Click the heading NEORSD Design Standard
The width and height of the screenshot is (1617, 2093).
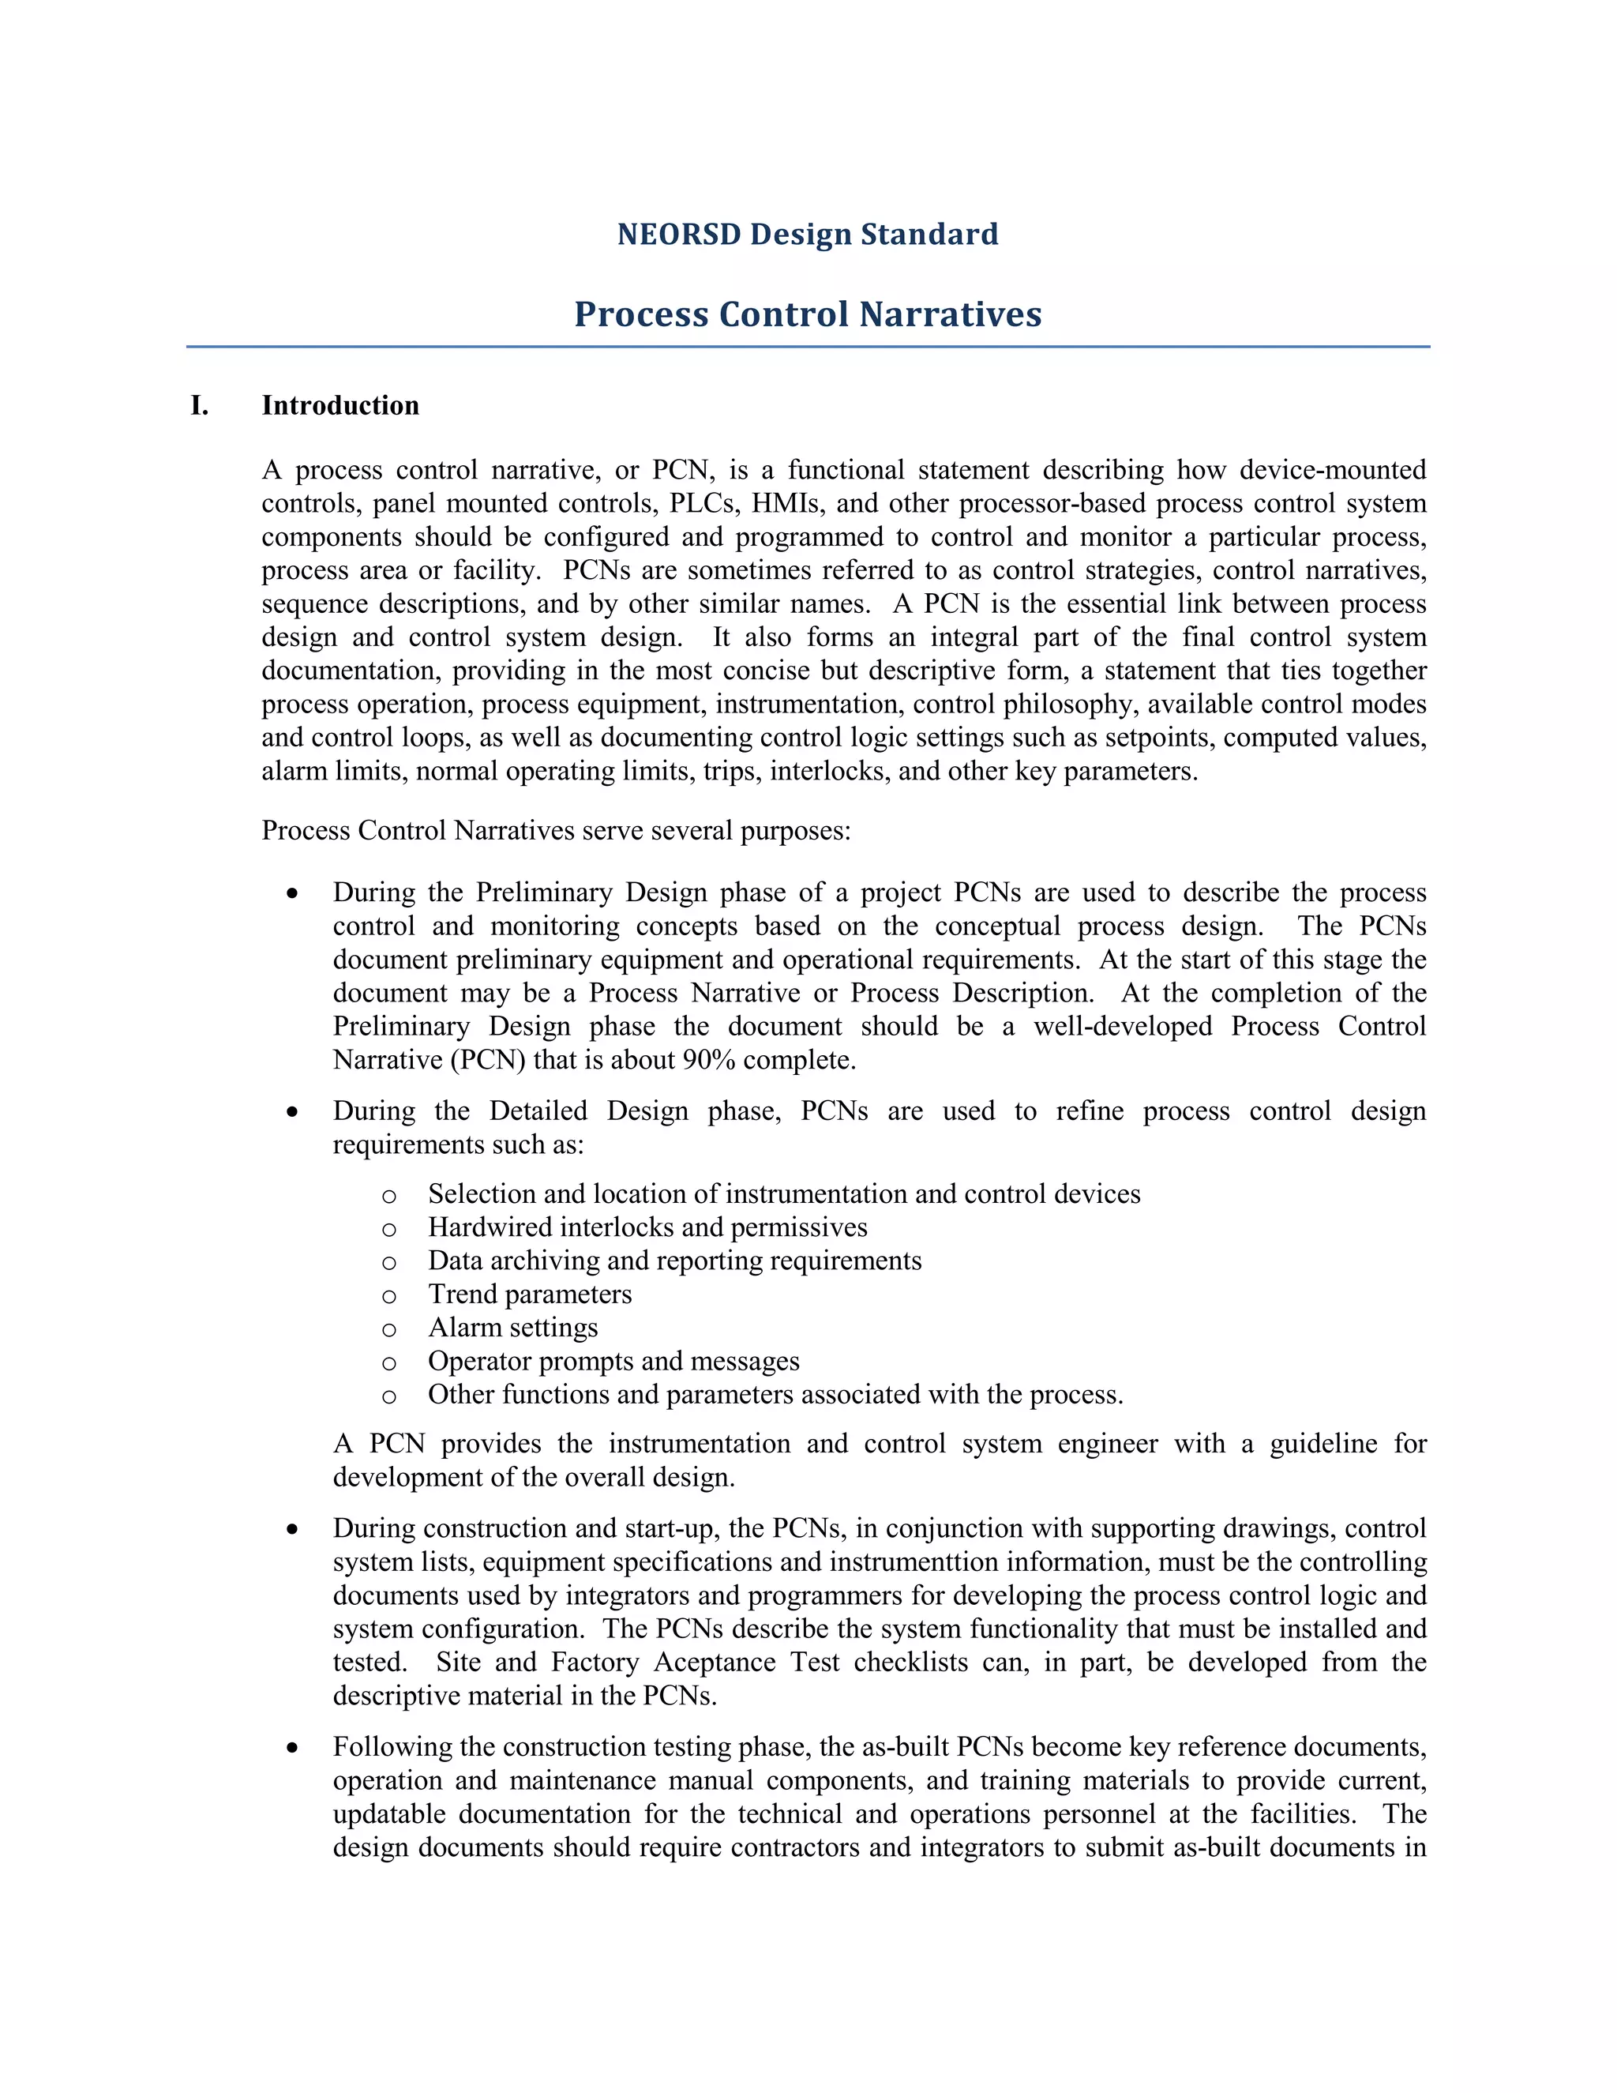tap(808, 234)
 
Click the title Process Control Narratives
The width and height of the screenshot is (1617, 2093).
tap(808, 314)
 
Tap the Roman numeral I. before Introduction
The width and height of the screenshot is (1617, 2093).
tap(199, 405)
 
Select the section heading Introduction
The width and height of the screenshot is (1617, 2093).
tap(340, 405)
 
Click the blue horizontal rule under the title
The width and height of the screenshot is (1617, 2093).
tap(808, 347)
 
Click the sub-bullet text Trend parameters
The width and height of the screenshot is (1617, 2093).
tap(530, 1294)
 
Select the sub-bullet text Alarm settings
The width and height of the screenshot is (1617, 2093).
tap(512, 1328)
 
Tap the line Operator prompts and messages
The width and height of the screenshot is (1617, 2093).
tap(613, 1361)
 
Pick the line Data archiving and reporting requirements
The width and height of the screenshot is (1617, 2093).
tap(674, 1261)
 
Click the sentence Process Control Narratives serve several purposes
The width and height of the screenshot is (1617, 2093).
tap(556, 830)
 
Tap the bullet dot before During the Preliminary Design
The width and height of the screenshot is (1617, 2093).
tap(292, 894)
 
